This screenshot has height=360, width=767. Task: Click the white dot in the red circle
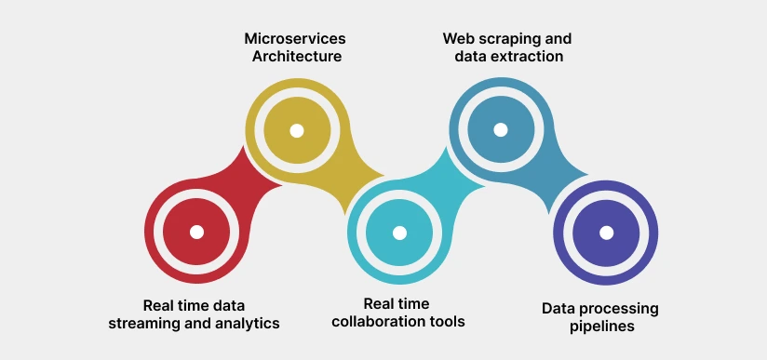tap(196, 232)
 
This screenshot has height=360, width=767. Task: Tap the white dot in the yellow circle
tap(297, 130)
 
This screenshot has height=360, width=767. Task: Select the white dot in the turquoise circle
tap(399, 233)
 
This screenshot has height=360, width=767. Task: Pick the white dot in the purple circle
tap(606, 233)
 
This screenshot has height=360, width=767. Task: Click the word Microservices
tap(295, 39)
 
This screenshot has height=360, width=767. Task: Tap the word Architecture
tap(297, 57)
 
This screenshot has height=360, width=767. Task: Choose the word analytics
tap(247, 323)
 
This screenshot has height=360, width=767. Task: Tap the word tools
tap(447, 322)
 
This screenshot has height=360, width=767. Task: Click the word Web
tap(457, 39)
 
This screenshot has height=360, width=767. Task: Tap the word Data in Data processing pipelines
tap(558, 308)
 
